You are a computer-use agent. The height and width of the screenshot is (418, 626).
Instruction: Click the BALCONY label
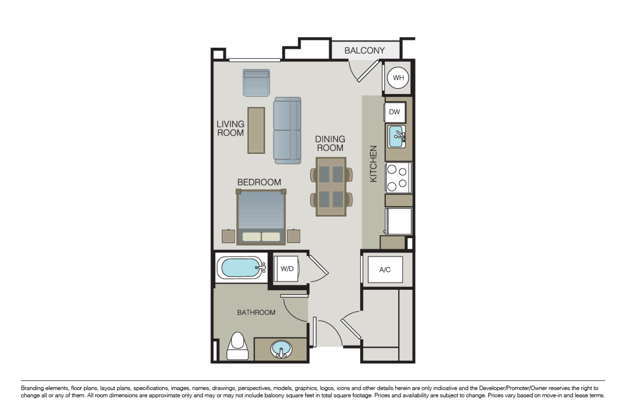tap(365, 51)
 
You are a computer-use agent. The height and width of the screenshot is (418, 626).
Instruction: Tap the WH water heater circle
tap(398, 78)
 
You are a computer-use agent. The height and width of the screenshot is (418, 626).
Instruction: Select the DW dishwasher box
tap(395, 112)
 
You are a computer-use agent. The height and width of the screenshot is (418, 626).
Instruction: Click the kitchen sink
tap(397, 137)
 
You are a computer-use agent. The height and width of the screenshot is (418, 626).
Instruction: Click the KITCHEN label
tap(373, 164)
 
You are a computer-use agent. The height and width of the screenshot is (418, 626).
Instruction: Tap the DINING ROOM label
tap(330, 143)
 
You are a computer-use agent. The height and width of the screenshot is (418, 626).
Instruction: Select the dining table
tap(331, 187)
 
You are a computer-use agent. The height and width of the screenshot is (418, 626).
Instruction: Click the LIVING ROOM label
tap(230, 128)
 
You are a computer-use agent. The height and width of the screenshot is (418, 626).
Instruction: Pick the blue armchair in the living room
tap(256, 83)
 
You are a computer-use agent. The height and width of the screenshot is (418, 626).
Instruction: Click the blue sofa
tap(287, 130)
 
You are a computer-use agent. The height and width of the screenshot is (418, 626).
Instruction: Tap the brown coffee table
tap(256, 130)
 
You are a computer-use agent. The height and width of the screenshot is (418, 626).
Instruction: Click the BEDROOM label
tap(259, 182)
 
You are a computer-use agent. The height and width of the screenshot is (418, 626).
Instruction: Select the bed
tap(261, 216)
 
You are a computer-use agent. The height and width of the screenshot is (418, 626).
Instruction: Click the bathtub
tap(241, 268)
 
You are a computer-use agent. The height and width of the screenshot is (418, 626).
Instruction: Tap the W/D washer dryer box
tap(287, 269)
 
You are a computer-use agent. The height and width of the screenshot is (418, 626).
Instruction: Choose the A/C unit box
tap(385, 270)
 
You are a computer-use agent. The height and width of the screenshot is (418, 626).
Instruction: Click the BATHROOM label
tap(256, 312)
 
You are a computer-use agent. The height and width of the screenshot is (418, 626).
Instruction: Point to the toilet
tap(238, 346)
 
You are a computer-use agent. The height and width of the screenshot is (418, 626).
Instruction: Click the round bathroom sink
tap(281, 349)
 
